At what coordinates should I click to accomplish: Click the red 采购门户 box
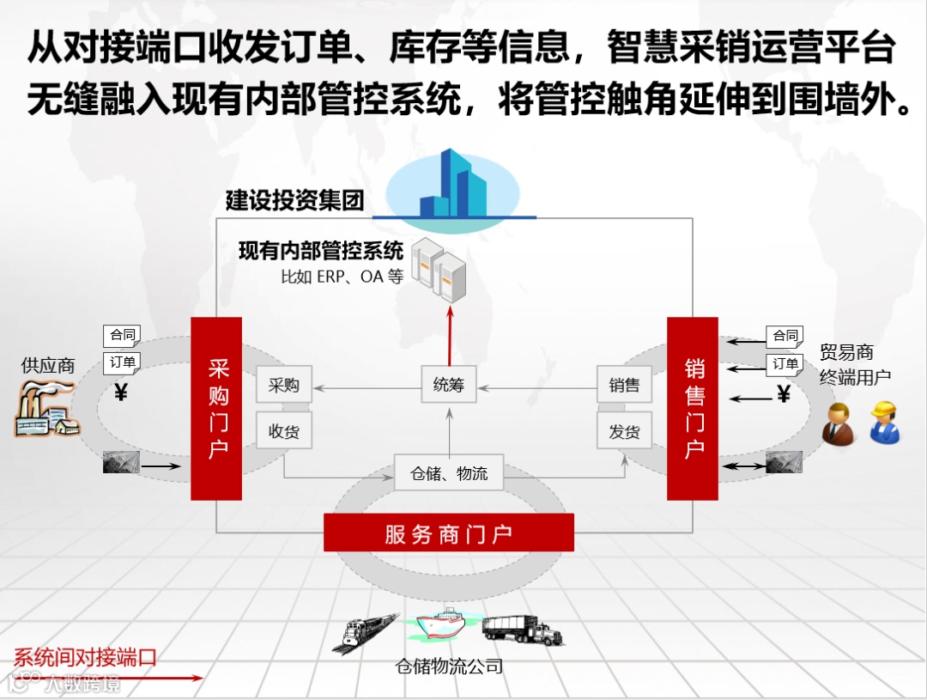click(x=216, y=408)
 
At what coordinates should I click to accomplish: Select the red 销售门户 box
click(x=693, y=408)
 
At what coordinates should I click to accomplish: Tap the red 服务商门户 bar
click(x=448, y=533)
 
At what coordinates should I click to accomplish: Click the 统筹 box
click(x=448, y=385)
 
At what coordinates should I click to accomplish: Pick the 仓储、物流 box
click(x=448, y=472)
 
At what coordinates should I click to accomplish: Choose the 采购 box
click(x=284, y=385)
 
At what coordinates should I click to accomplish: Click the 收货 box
click(x=284, y=431)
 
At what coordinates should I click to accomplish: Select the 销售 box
click(x=624, y=385)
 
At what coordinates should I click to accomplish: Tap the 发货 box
click(x=624, y=431)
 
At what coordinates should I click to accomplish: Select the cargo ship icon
click(x=442, y=625)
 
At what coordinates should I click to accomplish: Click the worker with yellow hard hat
click(x=884, y=421)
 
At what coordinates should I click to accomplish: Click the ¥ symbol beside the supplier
click(x=121, y=393)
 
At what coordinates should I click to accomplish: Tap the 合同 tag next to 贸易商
click(x=785, y=336)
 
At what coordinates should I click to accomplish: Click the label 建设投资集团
click(x=294, y=201)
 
